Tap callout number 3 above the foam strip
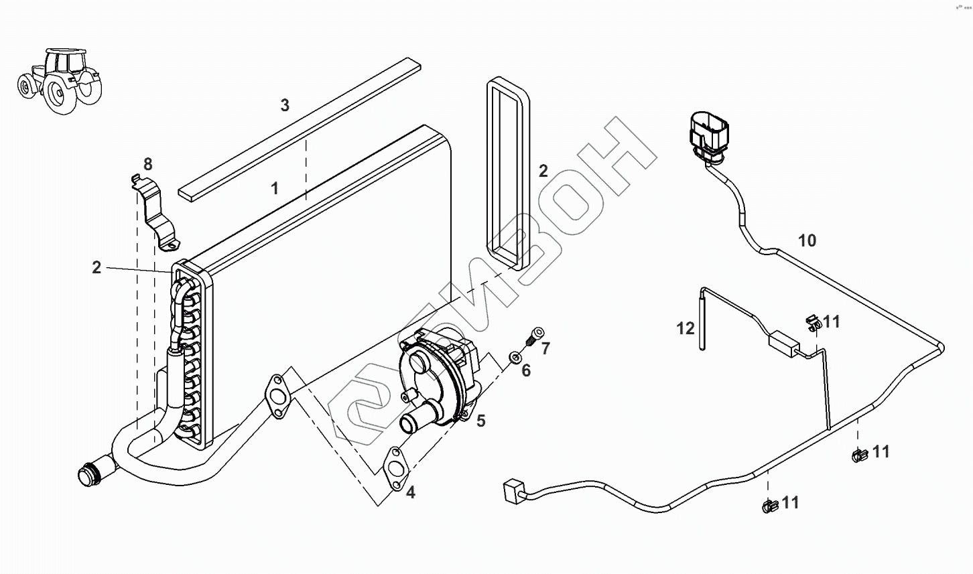click(285, 105)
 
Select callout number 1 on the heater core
click(275, 188)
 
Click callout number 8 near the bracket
click(148, 164)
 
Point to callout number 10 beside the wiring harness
click(807, 240)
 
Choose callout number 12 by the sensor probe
click(686, 328)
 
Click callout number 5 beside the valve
click(481, 421)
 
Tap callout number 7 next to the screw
click(545, 348)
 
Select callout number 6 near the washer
click(526, 370)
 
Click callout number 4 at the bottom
click(411, 493)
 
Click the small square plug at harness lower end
click(512, 490)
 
